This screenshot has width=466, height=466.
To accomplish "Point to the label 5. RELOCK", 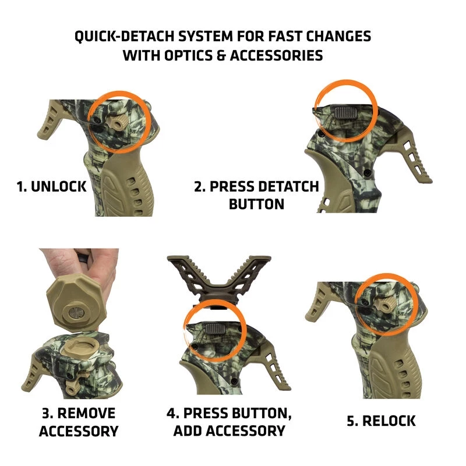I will pos(381,421).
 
